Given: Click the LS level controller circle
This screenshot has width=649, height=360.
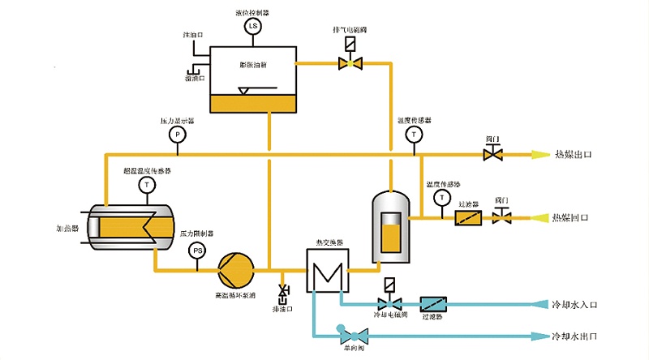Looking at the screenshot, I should pos(251,27).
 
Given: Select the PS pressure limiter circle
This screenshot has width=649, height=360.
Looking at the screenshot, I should pos(196,251).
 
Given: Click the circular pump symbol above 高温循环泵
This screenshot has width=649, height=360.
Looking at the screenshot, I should pos(236,264).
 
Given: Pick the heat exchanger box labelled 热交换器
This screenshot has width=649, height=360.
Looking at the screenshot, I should pos(327,270).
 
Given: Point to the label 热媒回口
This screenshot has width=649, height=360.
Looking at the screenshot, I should pos(569,218).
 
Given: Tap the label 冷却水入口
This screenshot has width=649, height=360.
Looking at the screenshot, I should pos(574,305).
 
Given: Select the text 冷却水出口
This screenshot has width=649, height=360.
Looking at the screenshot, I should pos(574,336).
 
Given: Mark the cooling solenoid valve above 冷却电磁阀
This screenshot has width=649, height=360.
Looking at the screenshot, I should pos(389,300).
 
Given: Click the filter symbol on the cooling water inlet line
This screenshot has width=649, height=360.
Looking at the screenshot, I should pos(434,305).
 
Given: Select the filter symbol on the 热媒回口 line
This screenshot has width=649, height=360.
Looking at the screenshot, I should pos(469,218).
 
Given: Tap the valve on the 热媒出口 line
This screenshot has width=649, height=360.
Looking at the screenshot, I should pos(492,152).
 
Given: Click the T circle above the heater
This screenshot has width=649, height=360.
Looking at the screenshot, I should pos(147,185).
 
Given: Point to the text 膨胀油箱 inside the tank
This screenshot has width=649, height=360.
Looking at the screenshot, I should pos(254,64).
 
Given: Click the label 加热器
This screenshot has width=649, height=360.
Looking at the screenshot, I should pos(67,229).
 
